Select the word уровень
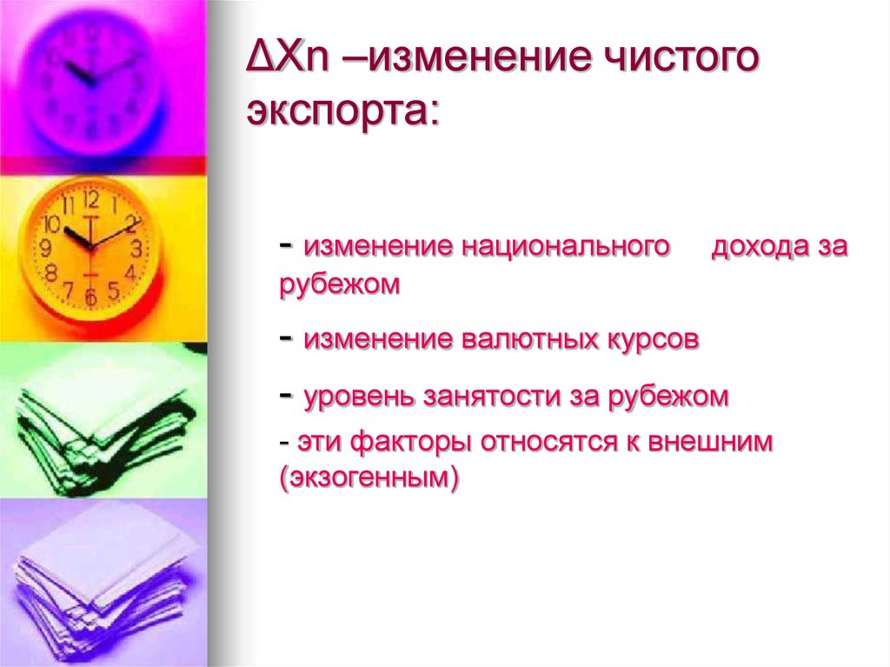(360, 397)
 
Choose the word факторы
(410, 443)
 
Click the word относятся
(535, 443)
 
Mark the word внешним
(704, 443)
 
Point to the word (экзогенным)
(369, 477)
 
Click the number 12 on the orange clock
(91, 199)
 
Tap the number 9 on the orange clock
(46, 249)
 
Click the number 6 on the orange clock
(90, 297)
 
